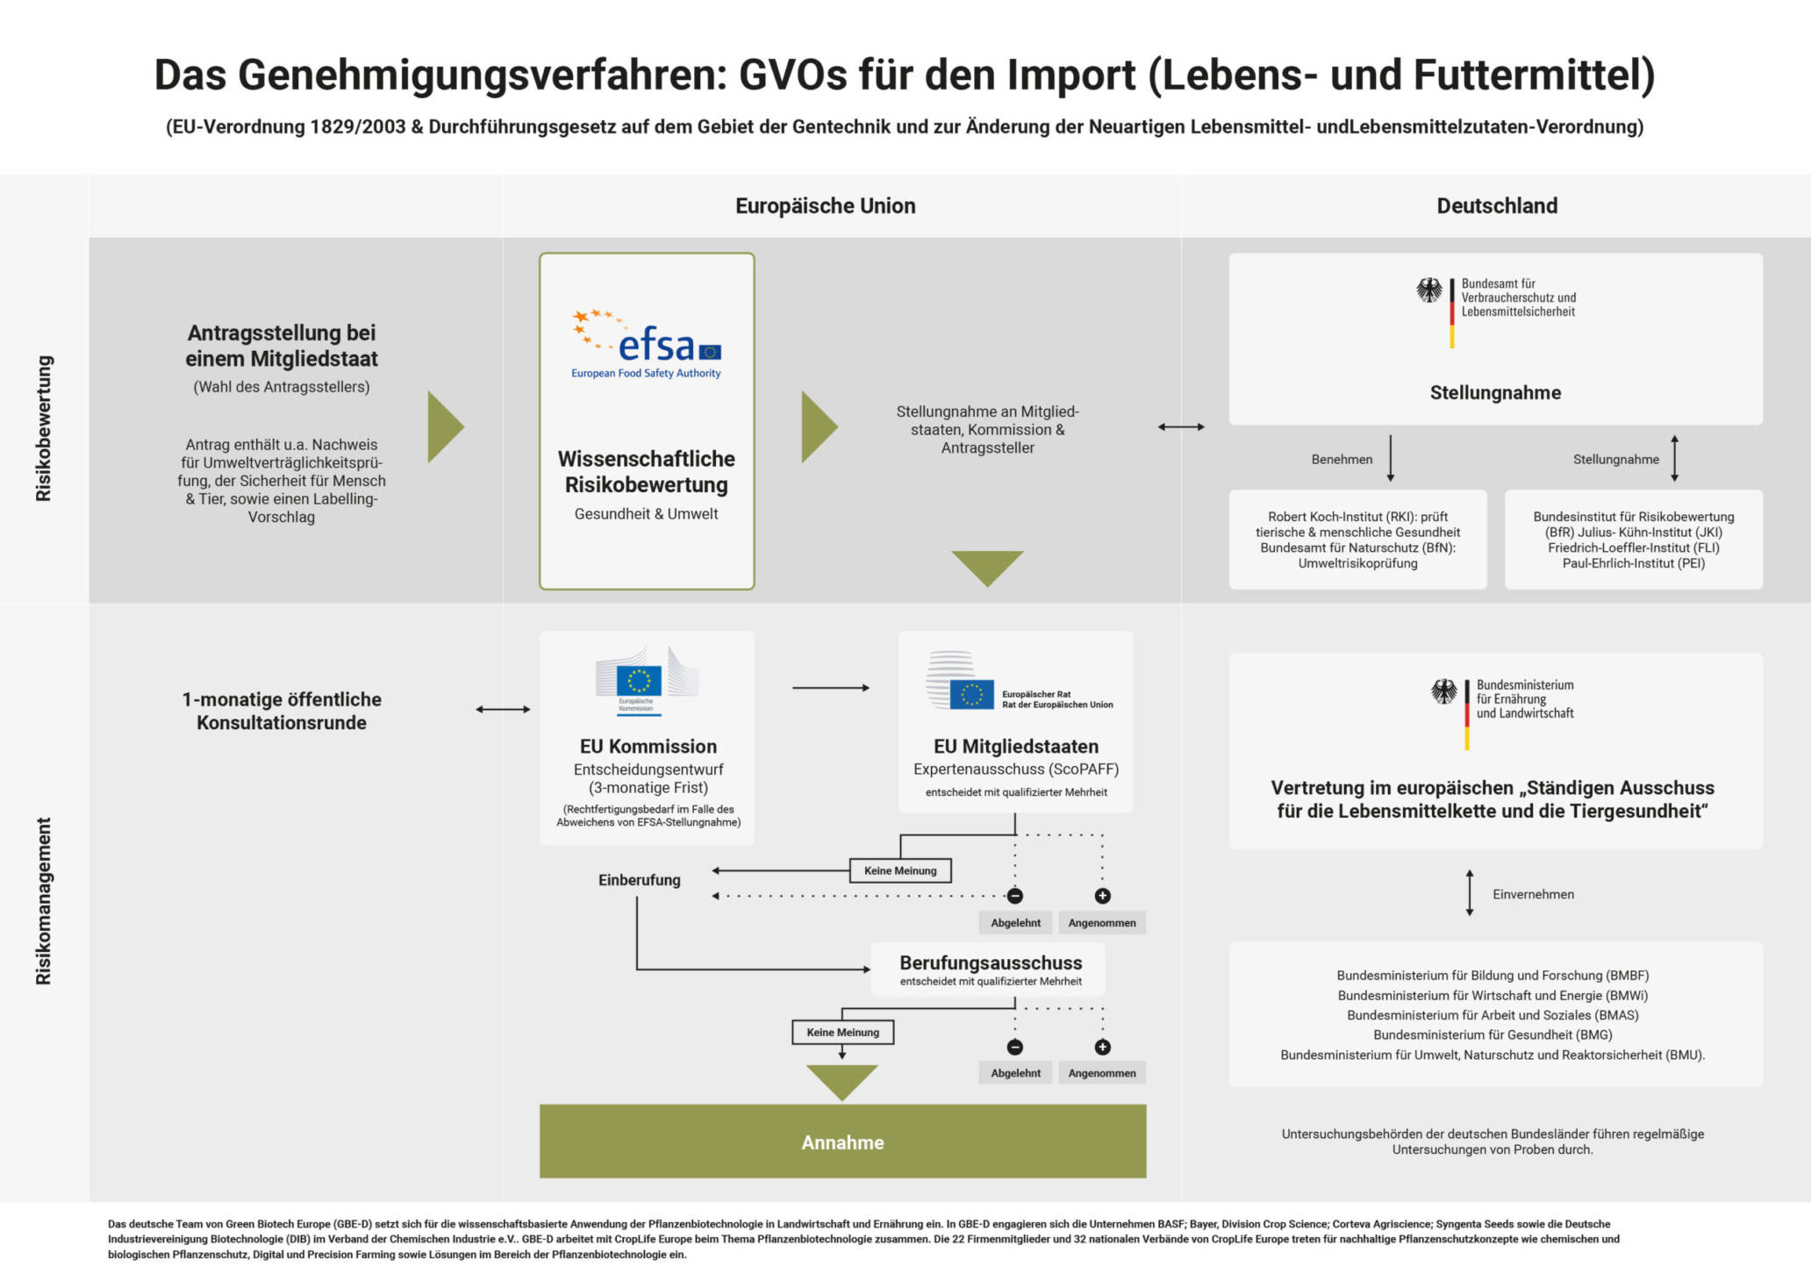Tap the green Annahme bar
coord(842,1141)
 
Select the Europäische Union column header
coord(825,206)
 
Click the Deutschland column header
coord(1497,206)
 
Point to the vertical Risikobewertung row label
coord(43,428)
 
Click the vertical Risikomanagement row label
coord(43,901)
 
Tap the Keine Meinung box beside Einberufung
coord(900,870)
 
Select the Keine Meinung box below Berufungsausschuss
coord(842,1032)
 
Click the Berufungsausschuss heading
coord(991,963)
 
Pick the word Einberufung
coord(639,880)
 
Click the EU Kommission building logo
coord(647,681)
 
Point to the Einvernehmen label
coord(1533,894)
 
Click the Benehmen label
coord(1342,459)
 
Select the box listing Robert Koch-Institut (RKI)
coord(1357,540)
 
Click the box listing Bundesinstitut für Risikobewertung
coord(1633,540)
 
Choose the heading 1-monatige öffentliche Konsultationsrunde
coord(282,711)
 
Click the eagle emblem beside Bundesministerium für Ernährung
coord(1444,691)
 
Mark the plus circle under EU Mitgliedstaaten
coord(1102,896)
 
